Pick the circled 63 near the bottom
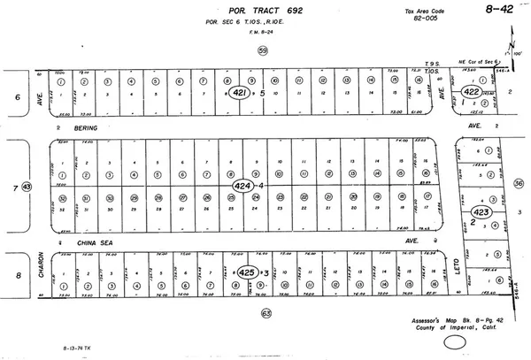pyautogui.click(x=265, y=313)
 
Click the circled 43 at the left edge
pyautogui.click(x=27, y=187)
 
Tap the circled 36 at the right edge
pyautogui.click(x=519, y=184)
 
